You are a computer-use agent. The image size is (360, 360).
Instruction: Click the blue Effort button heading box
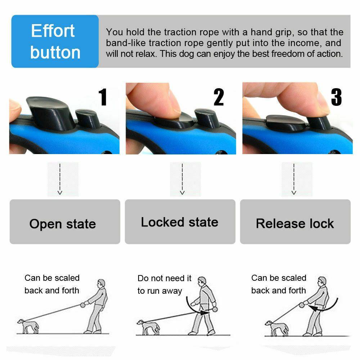point(55,41)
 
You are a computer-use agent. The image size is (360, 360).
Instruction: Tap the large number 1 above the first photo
point(103,97)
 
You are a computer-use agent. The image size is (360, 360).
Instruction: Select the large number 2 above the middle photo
point(219,97)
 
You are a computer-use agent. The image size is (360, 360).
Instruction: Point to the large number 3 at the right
point(336,97)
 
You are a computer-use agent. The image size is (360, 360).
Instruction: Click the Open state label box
point(65,222)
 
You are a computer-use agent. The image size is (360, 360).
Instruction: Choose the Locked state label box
point(180,222)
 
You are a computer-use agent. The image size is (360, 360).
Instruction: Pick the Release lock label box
point(295,222)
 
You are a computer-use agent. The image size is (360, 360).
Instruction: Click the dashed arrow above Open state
point(60,179)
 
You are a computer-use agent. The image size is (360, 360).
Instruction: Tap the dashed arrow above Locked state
point(182,179)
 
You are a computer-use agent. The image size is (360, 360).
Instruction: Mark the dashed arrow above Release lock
point(294,179)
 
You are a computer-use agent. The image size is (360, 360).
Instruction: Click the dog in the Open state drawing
point(27,325)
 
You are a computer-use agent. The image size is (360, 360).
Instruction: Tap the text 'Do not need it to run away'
point(165,284)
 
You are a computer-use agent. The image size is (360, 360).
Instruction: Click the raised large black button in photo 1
point(50,112)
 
